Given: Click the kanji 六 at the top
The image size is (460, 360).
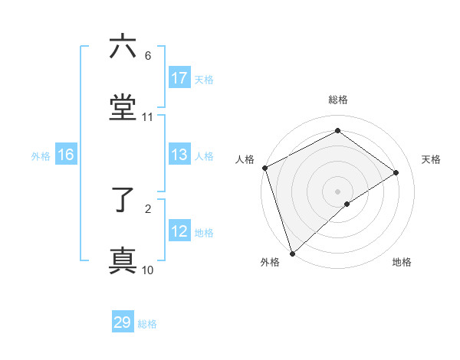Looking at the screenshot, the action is [x=123, y=47].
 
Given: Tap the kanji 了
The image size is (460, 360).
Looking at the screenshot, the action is [x=123, y=201].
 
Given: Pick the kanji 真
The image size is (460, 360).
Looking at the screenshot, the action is [x=123, y=260].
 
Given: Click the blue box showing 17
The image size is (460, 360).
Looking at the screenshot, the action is [x=179, y=78].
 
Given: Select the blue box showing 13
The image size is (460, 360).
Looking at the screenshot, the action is [x=179, y=155].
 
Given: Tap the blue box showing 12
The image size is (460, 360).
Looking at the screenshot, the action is [x=179, y=231].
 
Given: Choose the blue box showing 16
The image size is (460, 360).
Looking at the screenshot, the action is [x=66, y=155].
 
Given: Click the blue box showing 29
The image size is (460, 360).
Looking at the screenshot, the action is [x=123, y=322].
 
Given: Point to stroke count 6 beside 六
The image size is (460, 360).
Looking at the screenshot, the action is [x=147, y=56].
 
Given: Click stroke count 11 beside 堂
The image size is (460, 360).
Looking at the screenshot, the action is [x=148, y=116].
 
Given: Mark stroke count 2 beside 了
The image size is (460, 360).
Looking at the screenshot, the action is [x=147, y=208].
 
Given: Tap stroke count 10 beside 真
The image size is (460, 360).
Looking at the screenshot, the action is [x=148, y=270].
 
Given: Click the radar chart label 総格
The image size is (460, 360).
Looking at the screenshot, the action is [x=338, y=100].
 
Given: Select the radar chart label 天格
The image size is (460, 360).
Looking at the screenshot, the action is [x=432, y=159].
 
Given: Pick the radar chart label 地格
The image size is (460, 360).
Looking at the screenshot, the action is [x=402, y=262].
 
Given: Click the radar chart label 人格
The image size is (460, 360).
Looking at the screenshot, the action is [x=245, y=159].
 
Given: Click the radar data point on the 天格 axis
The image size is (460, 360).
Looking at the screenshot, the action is [x=396, y=172].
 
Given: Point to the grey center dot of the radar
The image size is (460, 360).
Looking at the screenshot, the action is [x=338, y=191].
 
